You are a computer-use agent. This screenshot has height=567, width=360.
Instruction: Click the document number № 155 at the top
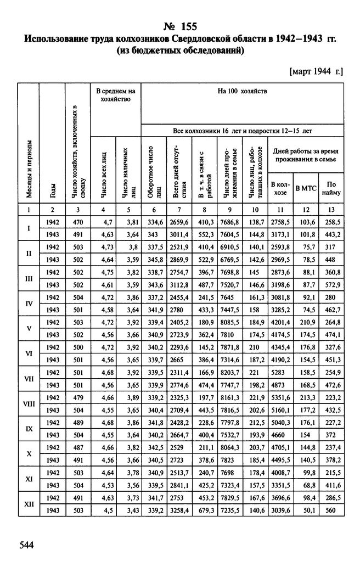pyautogui.click(x=180, y=26)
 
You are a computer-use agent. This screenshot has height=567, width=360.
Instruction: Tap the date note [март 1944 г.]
pyautogui.click(x=315, y=71)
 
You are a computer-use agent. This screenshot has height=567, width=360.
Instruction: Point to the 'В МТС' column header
pyautogui.click(x=306, y=188)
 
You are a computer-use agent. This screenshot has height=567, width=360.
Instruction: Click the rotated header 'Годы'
pyautogui.click(x=53, y=189)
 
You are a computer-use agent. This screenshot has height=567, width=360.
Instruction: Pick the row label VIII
pyautogui.click(x=28, y=403)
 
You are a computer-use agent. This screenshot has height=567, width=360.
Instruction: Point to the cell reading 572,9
pyautogui.click(x=331, y=284)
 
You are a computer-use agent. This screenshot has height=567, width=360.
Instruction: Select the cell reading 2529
pyautogui.click(x=179, y=448)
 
